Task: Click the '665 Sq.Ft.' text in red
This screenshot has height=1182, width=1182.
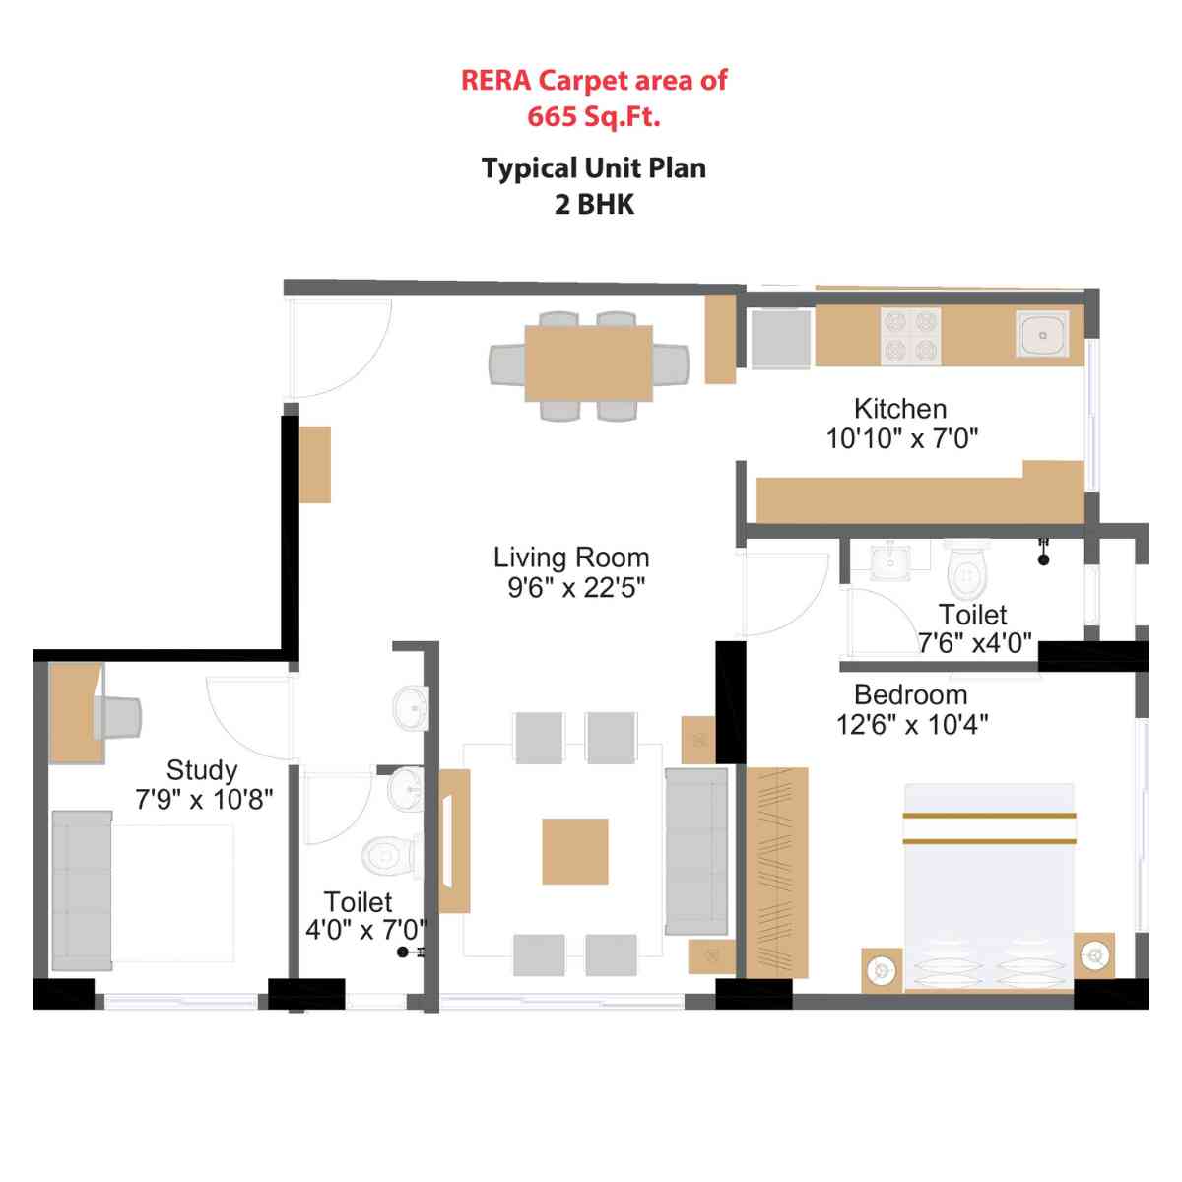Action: [593, 116]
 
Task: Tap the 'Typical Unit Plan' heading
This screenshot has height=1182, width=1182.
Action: [593, 168]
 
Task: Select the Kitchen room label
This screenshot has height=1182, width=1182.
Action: [900, 408]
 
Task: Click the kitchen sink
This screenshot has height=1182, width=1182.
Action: [1042, 336]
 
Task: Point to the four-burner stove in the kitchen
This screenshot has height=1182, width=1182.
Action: [910, 336]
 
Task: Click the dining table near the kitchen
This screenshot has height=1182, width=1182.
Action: [588, 363]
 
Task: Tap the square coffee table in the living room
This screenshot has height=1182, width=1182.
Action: [574, 851]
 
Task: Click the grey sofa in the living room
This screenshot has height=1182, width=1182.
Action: [696, 851]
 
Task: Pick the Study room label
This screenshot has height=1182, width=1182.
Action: [202, 769]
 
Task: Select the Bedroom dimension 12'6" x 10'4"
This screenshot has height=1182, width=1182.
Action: [912, 725]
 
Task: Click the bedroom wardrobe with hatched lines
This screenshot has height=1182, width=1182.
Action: [777, 873]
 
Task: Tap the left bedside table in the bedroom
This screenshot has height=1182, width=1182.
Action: [882, 969]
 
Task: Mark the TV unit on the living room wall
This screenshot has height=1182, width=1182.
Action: [453, 841]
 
